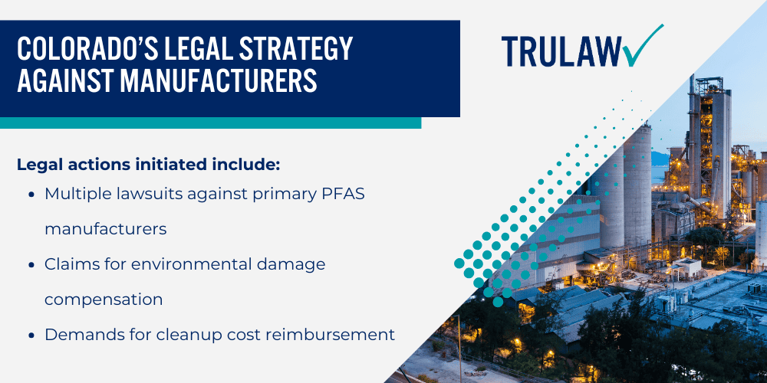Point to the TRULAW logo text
(560, 51)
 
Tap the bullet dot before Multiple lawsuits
(31, 195)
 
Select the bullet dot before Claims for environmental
(31, 265)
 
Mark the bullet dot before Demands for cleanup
(31, 336)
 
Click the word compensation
(104, 300)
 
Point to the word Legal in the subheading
(37, 164)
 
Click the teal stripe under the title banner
(210, 123)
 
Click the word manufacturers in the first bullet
(106, 229)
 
